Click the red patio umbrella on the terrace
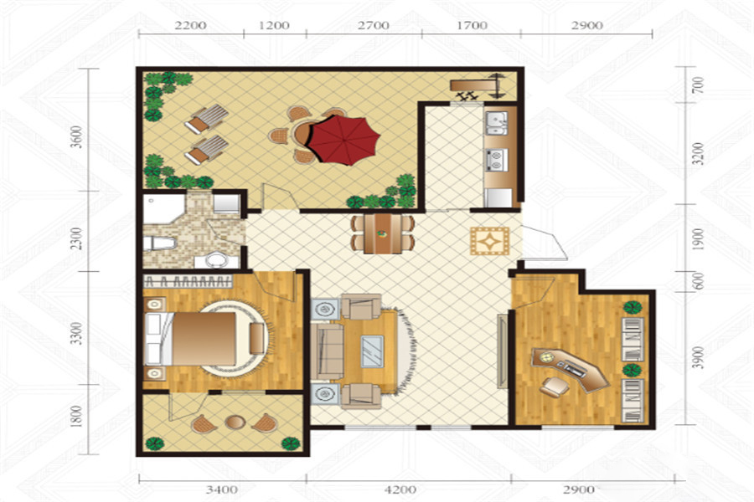(343, 140)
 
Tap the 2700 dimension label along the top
(374, 25)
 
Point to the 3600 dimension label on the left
(77, 137)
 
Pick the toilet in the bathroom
(158, 243)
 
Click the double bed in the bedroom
(190, 339)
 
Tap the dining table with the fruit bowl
(383, 234)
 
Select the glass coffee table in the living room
(372, 351)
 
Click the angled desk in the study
(571, 367)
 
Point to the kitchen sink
(496, 122)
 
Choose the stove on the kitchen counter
(497, 160)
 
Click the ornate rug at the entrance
(489, 241)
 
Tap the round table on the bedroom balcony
(235, 422)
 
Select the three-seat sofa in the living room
(327, 351)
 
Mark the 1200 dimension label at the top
(274, 25)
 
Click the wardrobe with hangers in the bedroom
(188, 281)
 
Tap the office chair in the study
(554, 386)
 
